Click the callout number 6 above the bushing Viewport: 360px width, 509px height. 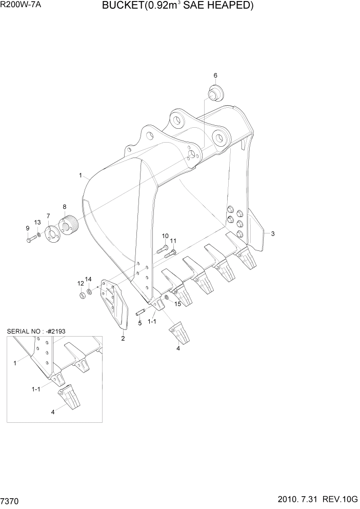click(x=215, y=75)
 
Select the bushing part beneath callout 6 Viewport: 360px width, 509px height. click(x=214, y=94)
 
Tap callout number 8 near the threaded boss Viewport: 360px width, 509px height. click(x=65, y=207)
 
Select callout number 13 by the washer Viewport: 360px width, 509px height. click(x=37, y=222)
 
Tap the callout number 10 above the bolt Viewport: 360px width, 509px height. click(x=165, y=236)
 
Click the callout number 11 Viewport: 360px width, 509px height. click(x=173, y=241)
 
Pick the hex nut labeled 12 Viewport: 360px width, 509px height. click(x=81, y=296)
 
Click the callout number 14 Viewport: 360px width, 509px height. click(x=88, y=279)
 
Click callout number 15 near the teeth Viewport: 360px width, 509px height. click(x=178, y=304)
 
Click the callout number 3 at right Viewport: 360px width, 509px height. click(x=273, y=234)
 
